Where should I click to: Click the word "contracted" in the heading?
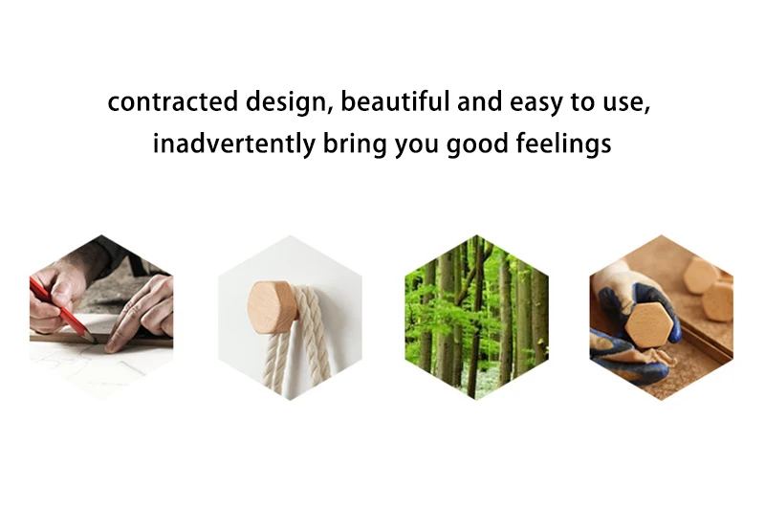click(173, 101)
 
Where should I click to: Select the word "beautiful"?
click(394, 101)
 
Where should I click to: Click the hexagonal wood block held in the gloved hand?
click(649, 325)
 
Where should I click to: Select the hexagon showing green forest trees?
click(476, 318)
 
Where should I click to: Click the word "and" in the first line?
click(479, 101)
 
